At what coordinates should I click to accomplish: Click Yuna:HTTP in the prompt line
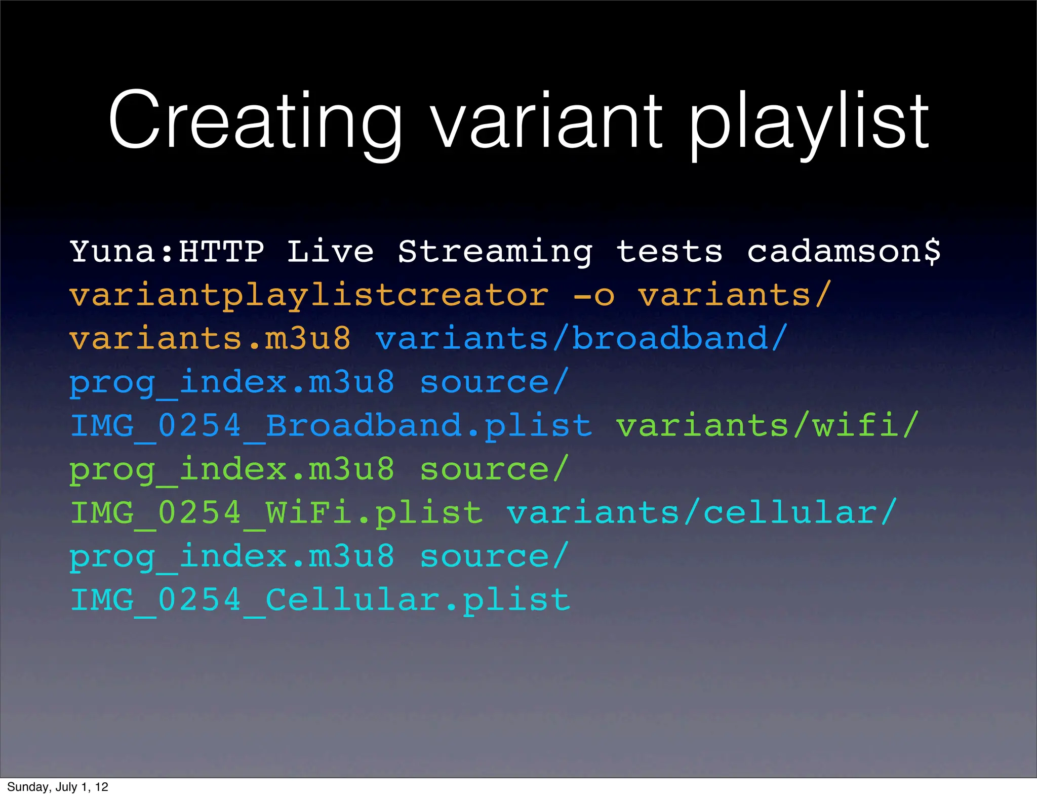pyautogui.click(x=167, y=252)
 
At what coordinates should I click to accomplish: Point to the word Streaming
pyautogui.click(x=495, y=252)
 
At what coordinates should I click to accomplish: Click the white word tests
pyautogui.click(x=669, y=252)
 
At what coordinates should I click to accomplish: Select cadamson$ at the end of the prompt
pyautogui.click(x=844, y=252)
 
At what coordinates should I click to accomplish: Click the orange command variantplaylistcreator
pyautogui.click(x=309, y=295)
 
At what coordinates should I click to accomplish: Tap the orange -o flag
pyautogui.click(x=593, y=295)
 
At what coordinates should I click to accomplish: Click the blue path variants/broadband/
pyautogui.click(x=581, y=339)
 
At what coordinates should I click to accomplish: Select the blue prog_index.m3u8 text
pyautogui.click(x=232, y=382)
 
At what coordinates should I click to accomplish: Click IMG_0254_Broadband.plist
pyautogui.click(x=331, y=426)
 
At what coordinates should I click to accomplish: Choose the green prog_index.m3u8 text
pyautogui.click(x=232, y=469)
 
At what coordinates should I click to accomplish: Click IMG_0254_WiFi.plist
pyautogui.click(x=276, y=513)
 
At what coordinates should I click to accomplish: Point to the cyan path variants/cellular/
pyautogui.click(x=702, y=513)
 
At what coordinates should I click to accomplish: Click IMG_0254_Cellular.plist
pyautogui.click(x=320, y=600)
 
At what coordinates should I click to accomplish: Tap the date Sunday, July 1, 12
pyautogui.click(x=58, y=787)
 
